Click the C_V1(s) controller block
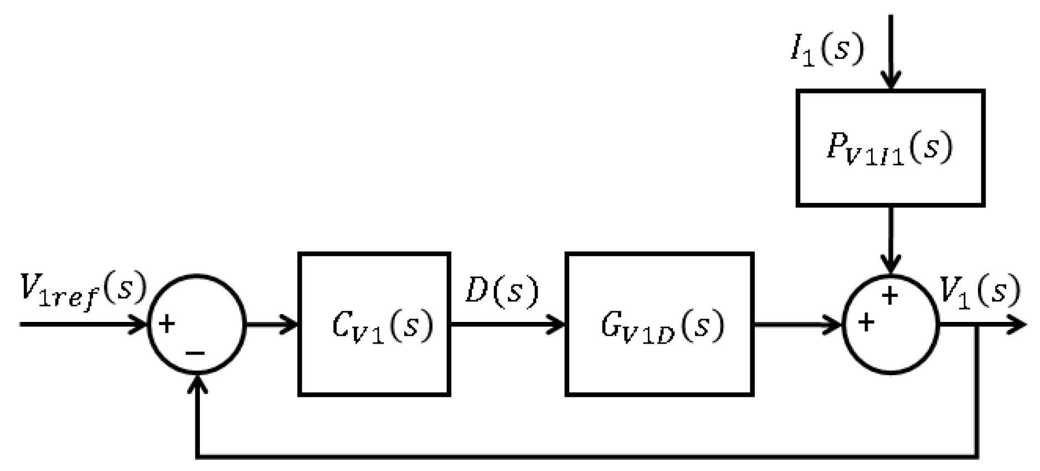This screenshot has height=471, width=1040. click(374, 324)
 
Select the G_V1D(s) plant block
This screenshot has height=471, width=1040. click(659, 324)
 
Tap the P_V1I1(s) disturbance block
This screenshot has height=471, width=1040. click(890, 148)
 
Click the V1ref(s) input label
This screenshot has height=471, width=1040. click(83, 291)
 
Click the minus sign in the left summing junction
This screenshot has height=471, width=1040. click(195, 352)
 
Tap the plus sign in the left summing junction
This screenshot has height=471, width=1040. click(166, 324)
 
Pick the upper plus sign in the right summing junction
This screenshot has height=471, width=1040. click(890, 296)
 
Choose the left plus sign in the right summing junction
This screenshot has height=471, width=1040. click(866, 322)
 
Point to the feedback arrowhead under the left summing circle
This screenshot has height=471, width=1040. click(197, 384)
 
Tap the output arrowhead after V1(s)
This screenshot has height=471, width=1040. click(1018, 324)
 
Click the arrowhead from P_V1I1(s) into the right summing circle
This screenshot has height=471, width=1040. click(890, 265)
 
